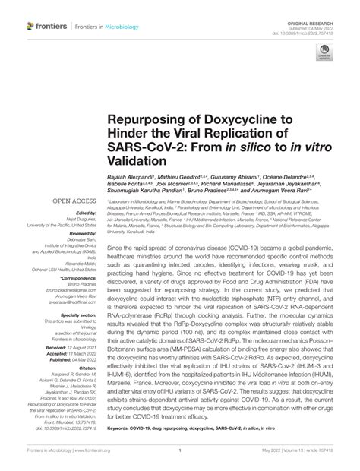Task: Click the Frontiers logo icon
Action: point(30,27)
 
